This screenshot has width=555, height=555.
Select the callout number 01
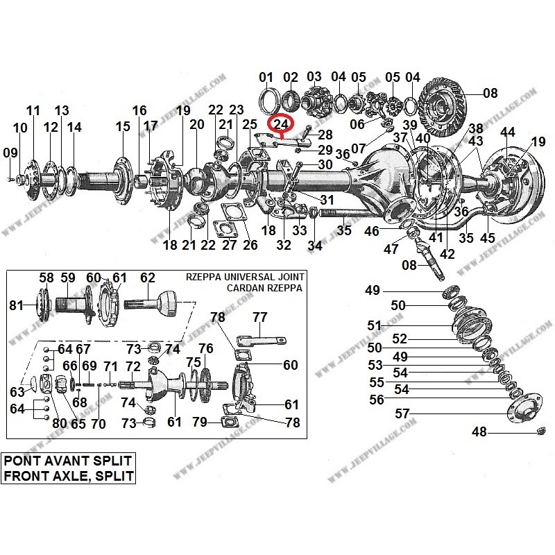tap(266, 76)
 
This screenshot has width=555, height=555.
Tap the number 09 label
tap(10, 153)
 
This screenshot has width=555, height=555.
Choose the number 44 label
tap(508, 132)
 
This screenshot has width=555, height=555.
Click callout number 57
tap(403, 414)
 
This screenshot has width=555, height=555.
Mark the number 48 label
tap(479, 432)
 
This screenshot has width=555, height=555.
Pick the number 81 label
tap(15, 305)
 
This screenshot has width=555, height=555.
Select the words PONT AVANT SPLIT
tap(66, 461)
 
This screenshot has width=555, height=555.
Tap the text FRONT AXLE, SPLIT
tap(66, 476)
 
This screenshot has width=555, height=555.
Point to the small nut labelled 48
tap(540, 433)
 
